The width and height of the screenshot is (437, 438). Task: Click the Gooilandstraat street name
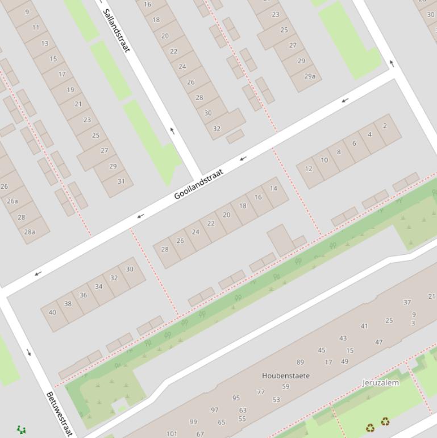click(198, 184)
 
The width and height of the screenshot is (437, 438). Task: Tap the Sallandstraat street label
click(116, 31)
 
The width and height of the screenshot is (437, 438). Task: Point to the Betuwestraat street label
click(60, 414)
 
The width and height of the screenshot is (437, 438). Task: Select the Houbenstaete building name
click(286, 375)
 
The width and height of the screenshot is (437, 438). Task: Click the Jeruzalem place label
click(381, 383)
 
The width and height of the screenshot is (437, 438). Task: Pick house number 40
click(52, 312)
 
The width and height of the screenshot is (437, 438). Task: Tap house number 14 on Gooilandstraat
click(273, 188)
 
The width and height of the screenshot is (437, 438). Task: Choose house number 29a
click(310, 76)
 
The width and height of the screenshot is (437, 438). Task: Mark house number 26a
click(13, 201)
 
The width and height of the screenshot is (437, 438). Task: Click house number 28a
click(30, 232)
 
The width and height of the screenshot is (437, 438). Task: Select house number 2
click(385, 126)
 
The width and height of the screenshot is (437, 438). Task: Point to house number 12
click(309, 168)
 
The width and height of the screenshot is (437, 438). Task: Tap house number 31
click(121, 181)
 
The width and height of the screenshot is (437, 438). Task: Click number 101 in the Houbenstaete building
click(172, 433)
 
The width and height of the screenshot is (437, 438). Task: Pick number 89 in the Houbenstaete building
click(300, 362)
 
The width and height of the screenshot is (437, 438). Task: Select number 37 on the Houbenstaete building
click(407, 302)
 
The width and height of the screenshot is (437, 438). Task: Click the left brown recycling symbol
click(370, 427)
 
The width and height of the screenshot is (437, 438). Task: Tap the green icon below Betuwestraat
click(22, 430)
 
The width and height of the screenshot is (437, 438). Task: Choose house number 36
click(84, 295)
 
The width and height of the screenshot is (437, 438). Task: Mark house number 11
click(36, 27)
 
